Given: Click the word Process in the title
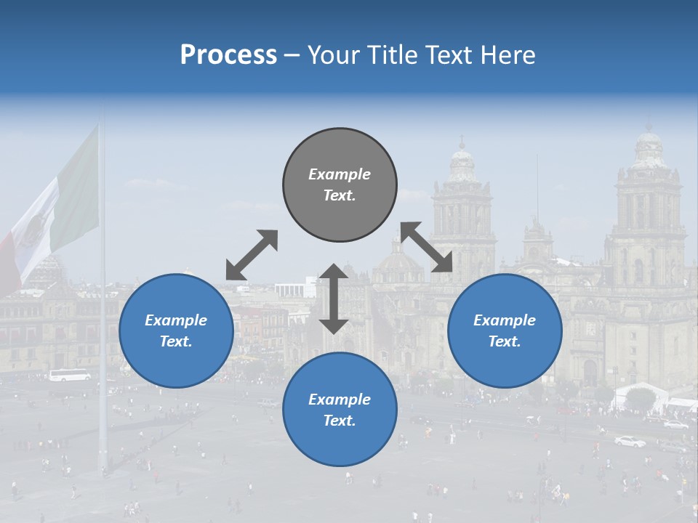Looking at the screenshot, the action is [228, 55].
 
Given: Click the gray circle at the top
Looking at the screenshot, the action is [340, 185].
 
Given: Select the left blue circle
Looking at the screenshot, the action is [176, 331].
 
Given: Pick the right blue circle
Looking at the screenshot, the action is [505, 331].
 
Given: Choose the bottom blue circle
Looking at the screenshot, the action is [340, 409].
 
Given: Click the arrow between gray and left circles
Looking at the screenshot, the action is [252, 255].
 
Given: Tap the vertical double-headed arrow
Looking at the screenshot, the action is [334, 299].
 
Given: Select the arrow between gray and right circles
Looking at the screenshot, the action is [427, 248].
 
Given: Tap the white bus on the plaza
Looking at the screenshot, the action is [70, 375].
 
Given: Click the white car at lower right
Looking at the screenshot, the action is [630, 441].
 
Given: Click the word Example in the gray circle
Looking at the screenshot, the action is [340, 174].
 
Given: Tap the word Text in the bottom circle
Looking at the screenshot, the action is [340, 421].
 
